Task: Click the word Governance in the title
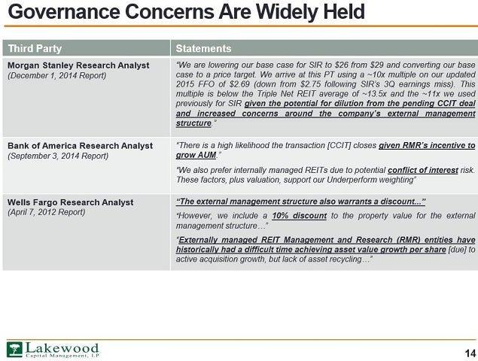click(64, 12)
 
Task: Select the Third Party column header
click(35, 48)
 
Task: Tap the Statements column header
click(203, 48)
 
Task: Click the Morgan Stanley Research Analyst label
click(78, 65)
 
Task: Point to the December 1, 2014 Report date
click(56, 75)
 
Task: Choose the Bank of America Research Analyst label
click(81, 146)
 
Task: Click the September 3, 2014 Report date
click(58, 156)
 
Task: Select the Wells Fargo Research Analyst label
click(71, 202)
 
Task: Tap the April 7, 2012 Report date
click(47, 212)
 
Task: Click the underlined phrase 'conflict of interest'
click(423, 170)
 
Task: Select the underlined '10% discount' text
click(300, 216)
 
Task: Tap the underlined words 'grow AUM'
click(196, 155)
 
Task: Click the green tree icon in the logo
click(14, 350)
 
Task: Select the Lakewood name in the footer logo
click(62, 348)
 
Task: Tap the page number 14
click(470, 353)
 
